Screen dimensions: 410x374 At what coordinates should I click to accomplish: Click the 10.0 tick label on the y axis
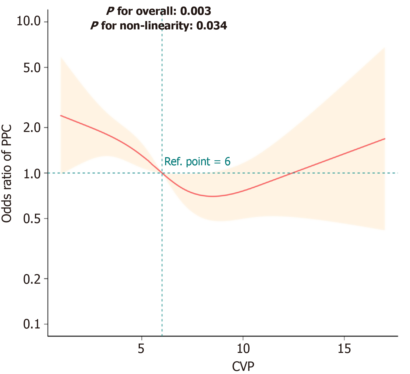[29, 21]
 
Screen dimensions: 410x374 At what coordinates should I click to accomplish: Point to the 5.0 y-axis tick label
[32, 67]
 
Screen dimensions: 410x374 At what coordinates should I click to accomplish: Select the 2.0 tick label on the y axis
[32, 127]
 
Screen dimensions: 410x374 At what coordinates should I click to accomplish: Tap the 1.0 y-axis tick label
[32, 173]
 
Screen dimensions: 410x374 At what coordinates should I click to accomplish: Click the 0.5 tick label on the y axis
[32, 219]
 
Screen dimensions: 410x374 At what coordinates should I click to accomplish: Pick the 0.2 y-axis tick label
[32, 279]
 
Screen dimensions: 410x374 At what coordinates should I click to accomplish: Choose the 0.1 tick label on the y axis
[32, 324]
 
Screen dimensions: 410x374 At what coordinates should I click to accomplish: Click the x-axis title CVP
[243, 366]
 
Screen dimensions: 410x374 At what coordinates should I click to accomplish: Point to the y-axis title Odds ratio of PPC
[7, 174]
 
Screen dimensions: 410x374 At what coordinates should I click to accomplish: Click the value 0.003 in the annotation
[196, 11]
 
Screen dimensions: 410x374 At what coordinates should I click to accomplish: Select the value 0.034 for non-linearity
[211, 26]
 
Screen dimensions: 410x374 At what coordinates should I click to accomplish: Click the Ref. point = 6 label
[197, 162]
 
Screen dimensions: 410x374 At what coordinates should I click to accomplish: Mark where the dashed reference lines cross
[162, 173]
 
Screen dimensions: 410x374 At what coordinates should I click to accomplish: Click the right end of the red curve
[385, 139]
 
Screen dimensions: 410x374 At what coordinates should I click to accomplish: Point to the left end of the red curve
[61, 115]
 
